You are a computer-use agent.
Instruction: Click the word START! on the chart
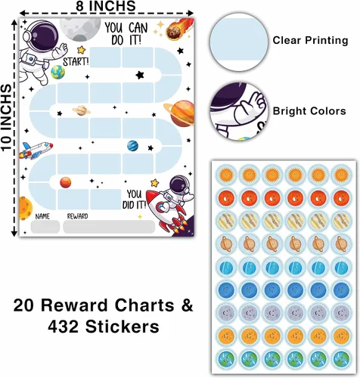click(x=76, y=61)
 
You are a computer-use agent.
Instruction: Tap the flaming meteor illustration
click(x=177, y=29)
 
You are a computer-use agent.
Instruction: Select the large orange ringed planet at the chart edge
click(x=180, y=113)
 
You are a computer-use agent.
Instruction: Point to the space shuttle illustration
click(x=36, y=150)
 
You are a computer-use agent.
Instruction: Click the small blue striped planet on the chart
click(x=132, y=146)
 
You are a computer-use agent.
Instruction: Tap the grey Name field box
click(x=45, y=227)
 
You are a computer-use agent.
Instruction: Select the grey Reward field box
click(x=109, y=227)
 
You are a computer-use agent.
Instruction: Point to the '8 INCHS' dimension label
click(x=106, y=6)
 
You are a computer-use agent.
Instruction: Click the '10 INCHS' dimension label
click(x=7, y=118)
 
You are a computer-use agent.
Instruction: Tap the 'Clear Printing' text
click(x=310, y=40)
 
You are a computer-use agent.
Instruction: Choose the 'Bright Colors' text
click(x=309, y=111)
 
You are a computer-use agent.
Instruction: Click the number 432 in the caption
click(x=64, y=327)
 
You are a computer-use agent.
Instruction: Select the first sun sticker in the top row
click(x=225, y=174)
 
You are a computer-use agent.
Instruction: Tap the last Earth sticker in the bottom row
click(x=341, y=358)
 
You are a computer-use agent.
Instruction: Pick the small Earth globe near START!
click(x=58, y=73)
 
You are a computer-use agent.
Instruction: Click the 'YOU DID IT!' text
click(x=135, y=200)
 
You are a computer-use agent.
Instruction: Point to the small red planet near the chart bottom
click(x=66, y=182)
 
